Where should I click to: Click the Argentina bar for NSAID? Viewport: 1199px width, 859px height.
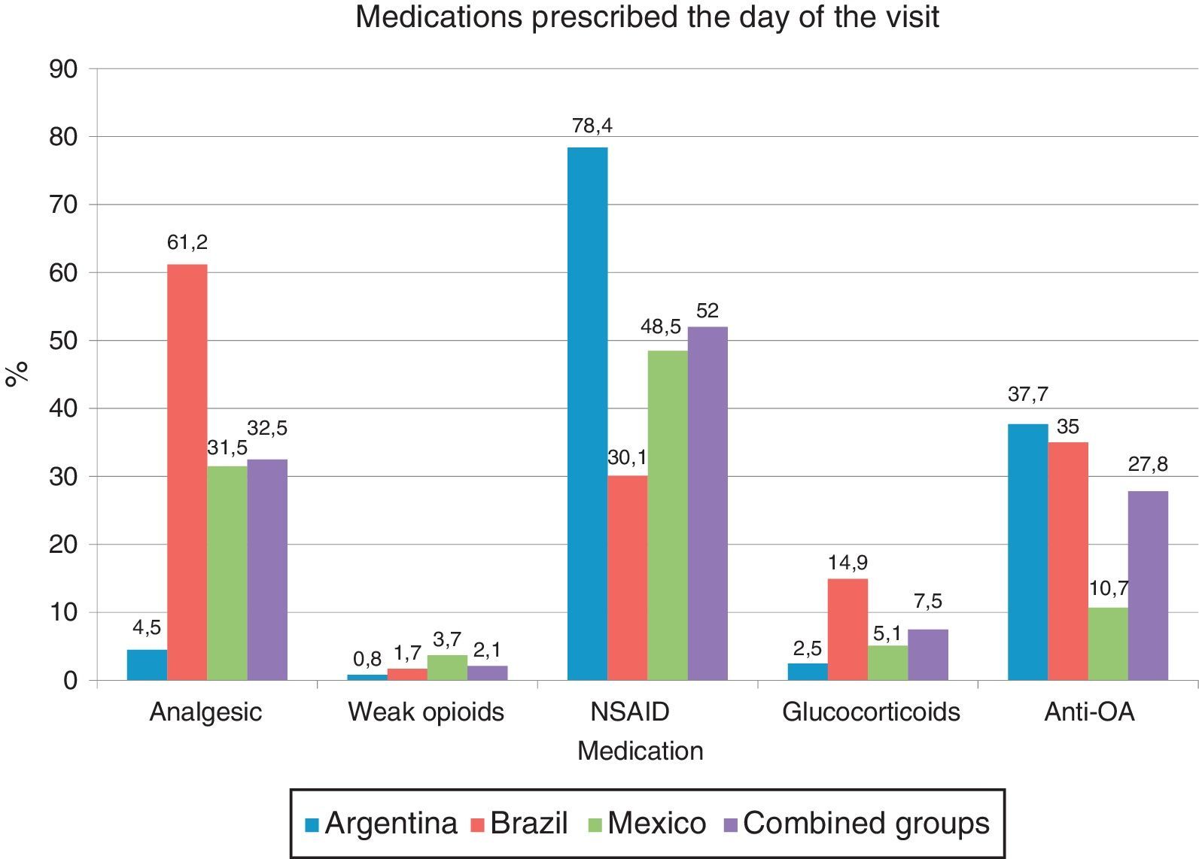coord(587,414)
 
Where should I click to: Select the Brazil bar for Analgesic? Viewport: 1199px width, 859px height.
coord(187,472)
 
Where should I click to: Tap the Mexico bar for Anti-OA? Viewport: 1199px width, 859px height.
coord(1108,644)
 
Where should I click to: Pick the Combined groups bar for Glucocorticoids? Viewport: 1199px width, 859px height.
coord(928,655)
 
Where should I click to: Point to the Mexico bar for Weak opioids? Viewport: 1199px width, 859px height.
coord(447,668)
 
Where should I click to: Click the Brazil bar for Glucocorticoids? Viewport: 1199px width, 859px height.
coord(848,630)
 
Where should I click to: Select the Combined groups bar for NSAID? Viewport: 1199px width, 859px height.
coord(708,503)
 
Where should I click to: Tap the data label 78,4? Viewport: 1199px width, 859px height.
coord(592,126)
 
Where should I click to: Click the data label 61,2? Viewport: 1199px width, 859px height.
coord(187,243)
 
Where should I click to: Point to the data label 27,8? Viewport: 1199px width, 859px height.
coord(1148,465)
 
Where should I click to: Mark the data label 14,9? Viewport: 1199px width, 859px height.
coord(848,563)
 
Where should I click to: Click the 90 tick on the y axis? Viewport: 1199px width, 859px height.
coord(63,69)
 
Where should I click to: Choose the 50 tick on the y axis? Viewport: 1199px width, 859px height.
coord(63,341)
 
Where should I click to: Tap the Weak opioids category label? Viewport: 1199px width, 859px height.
coord(426,712)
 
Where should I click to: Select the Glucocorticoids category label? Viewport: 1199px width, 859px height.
coord(871,712)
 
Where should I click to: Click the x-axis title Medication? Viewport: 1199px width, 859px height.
coord(640,751)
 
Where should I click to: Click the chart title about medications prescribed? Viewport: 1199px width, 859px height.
coord(647,17)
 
